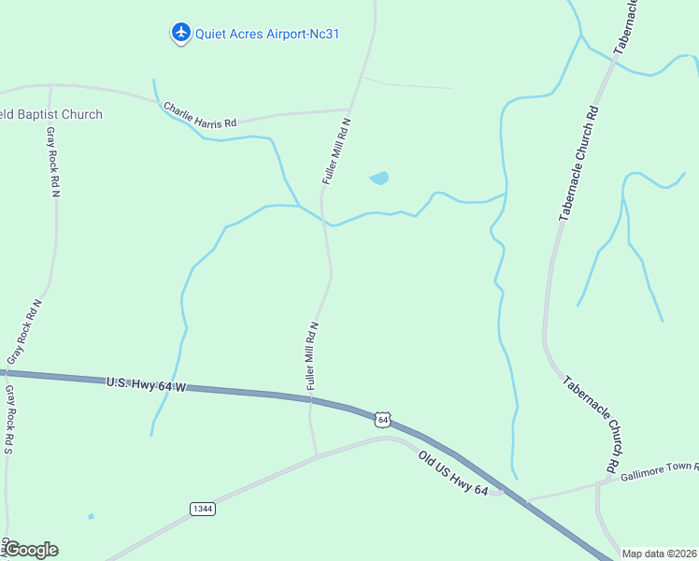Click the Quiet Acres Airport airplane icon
[x=181, y=33]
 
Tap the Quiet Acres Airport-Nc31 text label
[x=266, y=34]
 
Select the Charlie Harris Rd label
[x=200, y=115]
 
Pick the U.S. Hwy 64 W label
[x=146, y=383]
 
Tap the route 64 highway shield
[x=382, y=420]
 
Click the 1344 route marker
[x=202, y=509]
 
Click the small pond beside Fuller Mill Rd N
[x=378, y=178]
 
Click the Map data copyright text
[x=660, y=554]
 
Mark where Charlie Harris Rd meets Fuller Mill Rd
[x=349, y=109]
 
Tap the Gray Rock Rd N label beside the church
[x=52, y=161]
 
